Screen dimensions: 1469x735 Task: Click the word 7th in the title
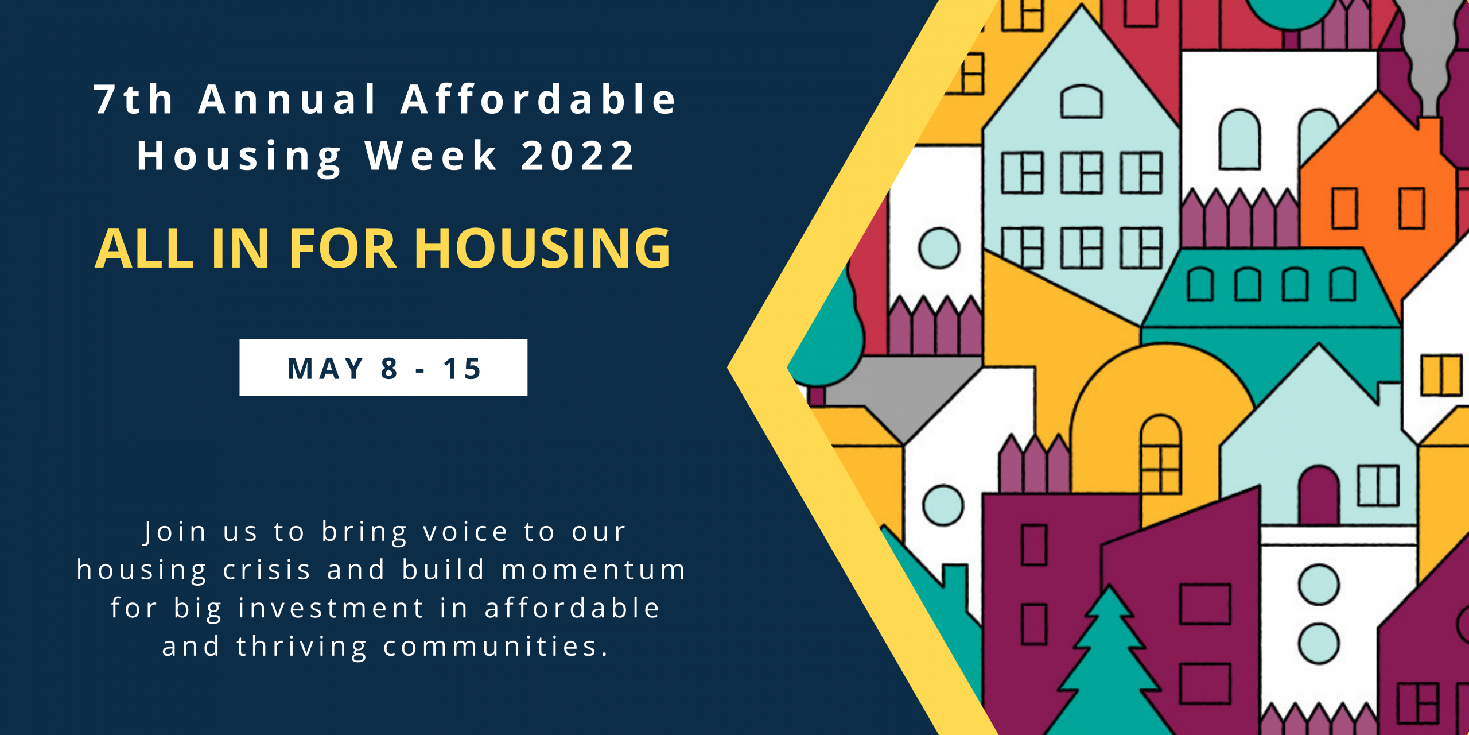pos(134,99)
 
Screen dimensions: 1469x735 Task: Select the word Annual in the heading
pos(288,99)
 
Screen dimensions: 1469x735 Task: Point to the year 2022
pos(578,156)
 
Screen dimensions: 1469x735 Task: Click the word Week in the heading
pos(432,156)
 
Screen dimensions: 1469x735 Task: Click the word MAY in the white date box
pos(325,368)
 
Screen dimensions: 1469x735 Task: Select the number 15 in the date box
pos(462,368)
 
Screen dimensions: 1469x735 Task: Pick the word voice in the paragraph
pos(465,531)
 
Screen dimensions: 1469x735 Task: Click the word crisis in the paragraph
pos(267,570)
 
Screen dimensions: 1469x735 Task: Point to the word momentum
pos(594,570)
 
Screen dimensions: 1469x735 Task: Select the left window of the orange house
pos(1344,208)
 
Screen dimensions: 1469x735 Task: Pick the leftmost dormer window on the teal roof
pos(1200,284)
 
